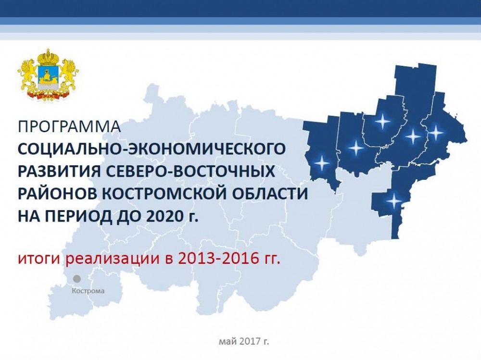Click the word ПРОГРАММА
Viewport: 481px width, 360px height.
[69, 126]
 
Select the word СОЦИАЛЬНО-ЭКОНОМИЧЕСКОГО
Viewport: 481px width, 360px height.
[152, 149]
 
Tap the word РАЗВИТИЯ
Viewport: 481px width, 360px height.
[59, 172]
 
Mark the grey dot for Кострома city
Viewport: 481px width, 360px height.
[76, 279]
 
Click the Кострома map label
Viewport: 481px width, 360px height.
[88, 291]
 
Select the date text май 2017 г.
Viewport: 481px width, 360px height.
[244, 341]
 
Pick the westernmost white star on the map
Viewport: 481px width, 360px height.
[322, 163]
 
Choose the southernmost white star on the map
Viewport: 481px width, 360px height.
[393, 201]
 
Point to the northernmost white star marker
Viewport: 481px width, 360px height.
[382, 122]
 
